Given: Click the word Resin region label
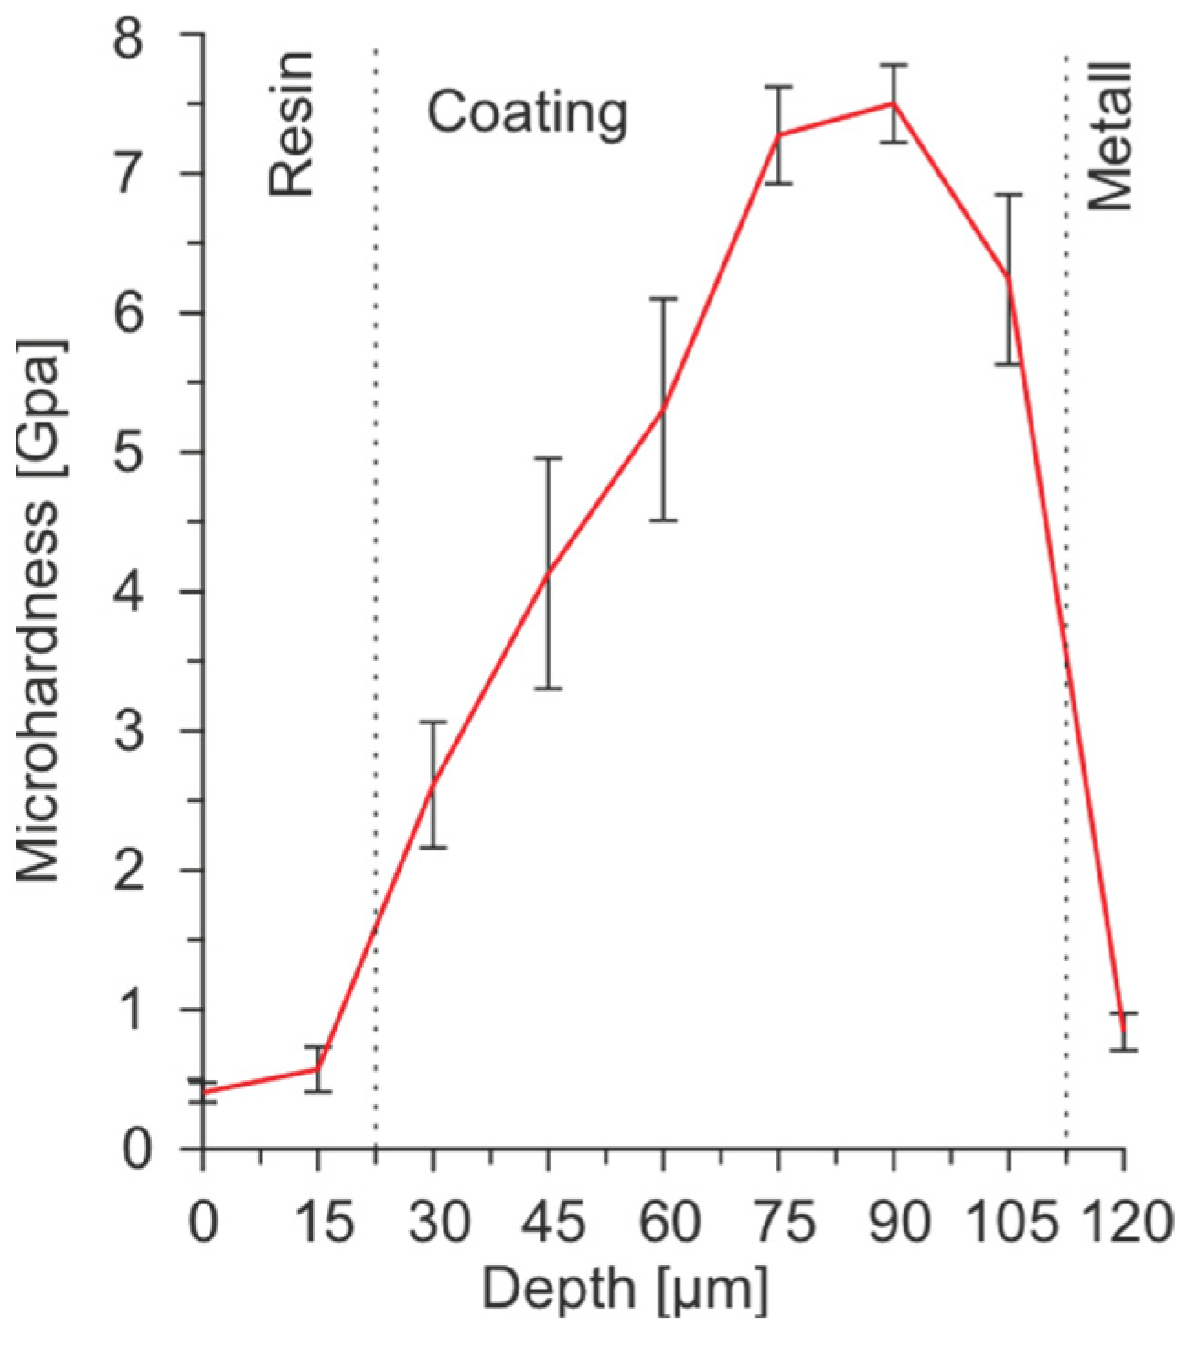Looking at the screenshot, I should (x=291, y=124).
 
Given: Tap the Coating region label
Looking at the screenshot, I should (x=528, y=113).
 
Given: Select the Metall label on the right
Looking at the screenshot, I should (x=1111, y=137).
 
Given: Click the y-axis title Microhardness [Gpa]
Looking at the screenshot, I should (x=39, y=611).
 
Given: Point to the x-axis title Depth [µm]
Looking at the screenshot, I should (x=625, y=1290).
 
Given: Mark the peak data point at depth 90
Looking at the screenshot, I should (x=894, y=103).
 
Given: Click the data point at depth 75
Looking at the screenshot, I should (x=778, y=135).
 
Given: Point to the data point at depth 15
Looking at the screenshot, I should (x=317, y=1068).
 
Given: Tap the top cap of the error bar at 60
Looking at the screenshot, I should (x=663, y=298).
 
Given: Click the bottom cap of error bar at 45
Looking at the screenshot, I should (x=548, y=689).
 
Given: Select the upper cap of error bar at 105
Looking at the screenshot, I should (x=1009, y=194).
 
